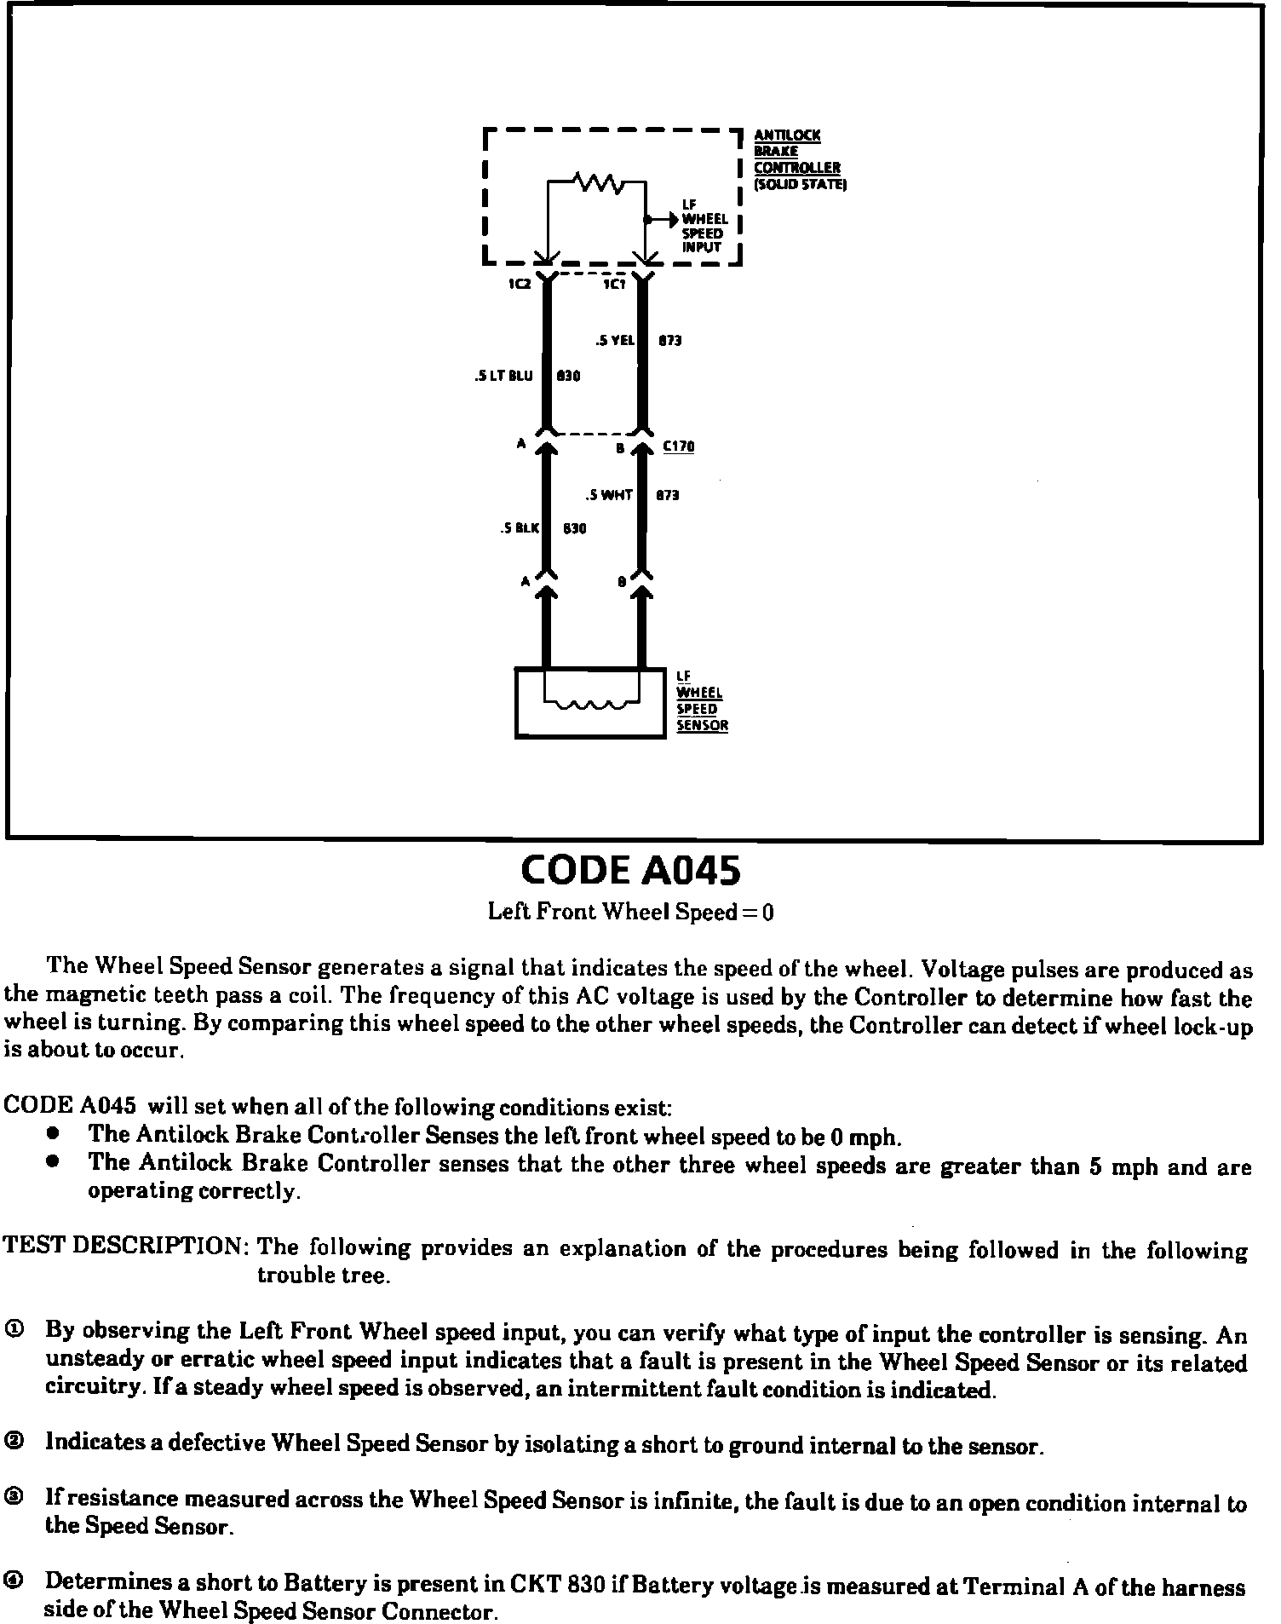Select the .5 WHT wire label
click(609, 495)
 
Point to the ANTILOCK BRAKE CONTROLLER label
click(796, 159)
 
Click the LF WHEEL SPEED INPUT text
click(704, 227)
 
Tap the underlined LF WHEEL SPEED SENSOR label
click(702, 701)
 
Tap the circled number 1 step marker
click(14, 1330)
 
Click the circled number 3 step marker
click(14, 1498)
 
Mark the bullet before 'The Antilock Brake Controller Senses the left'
click(54, 1134)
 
